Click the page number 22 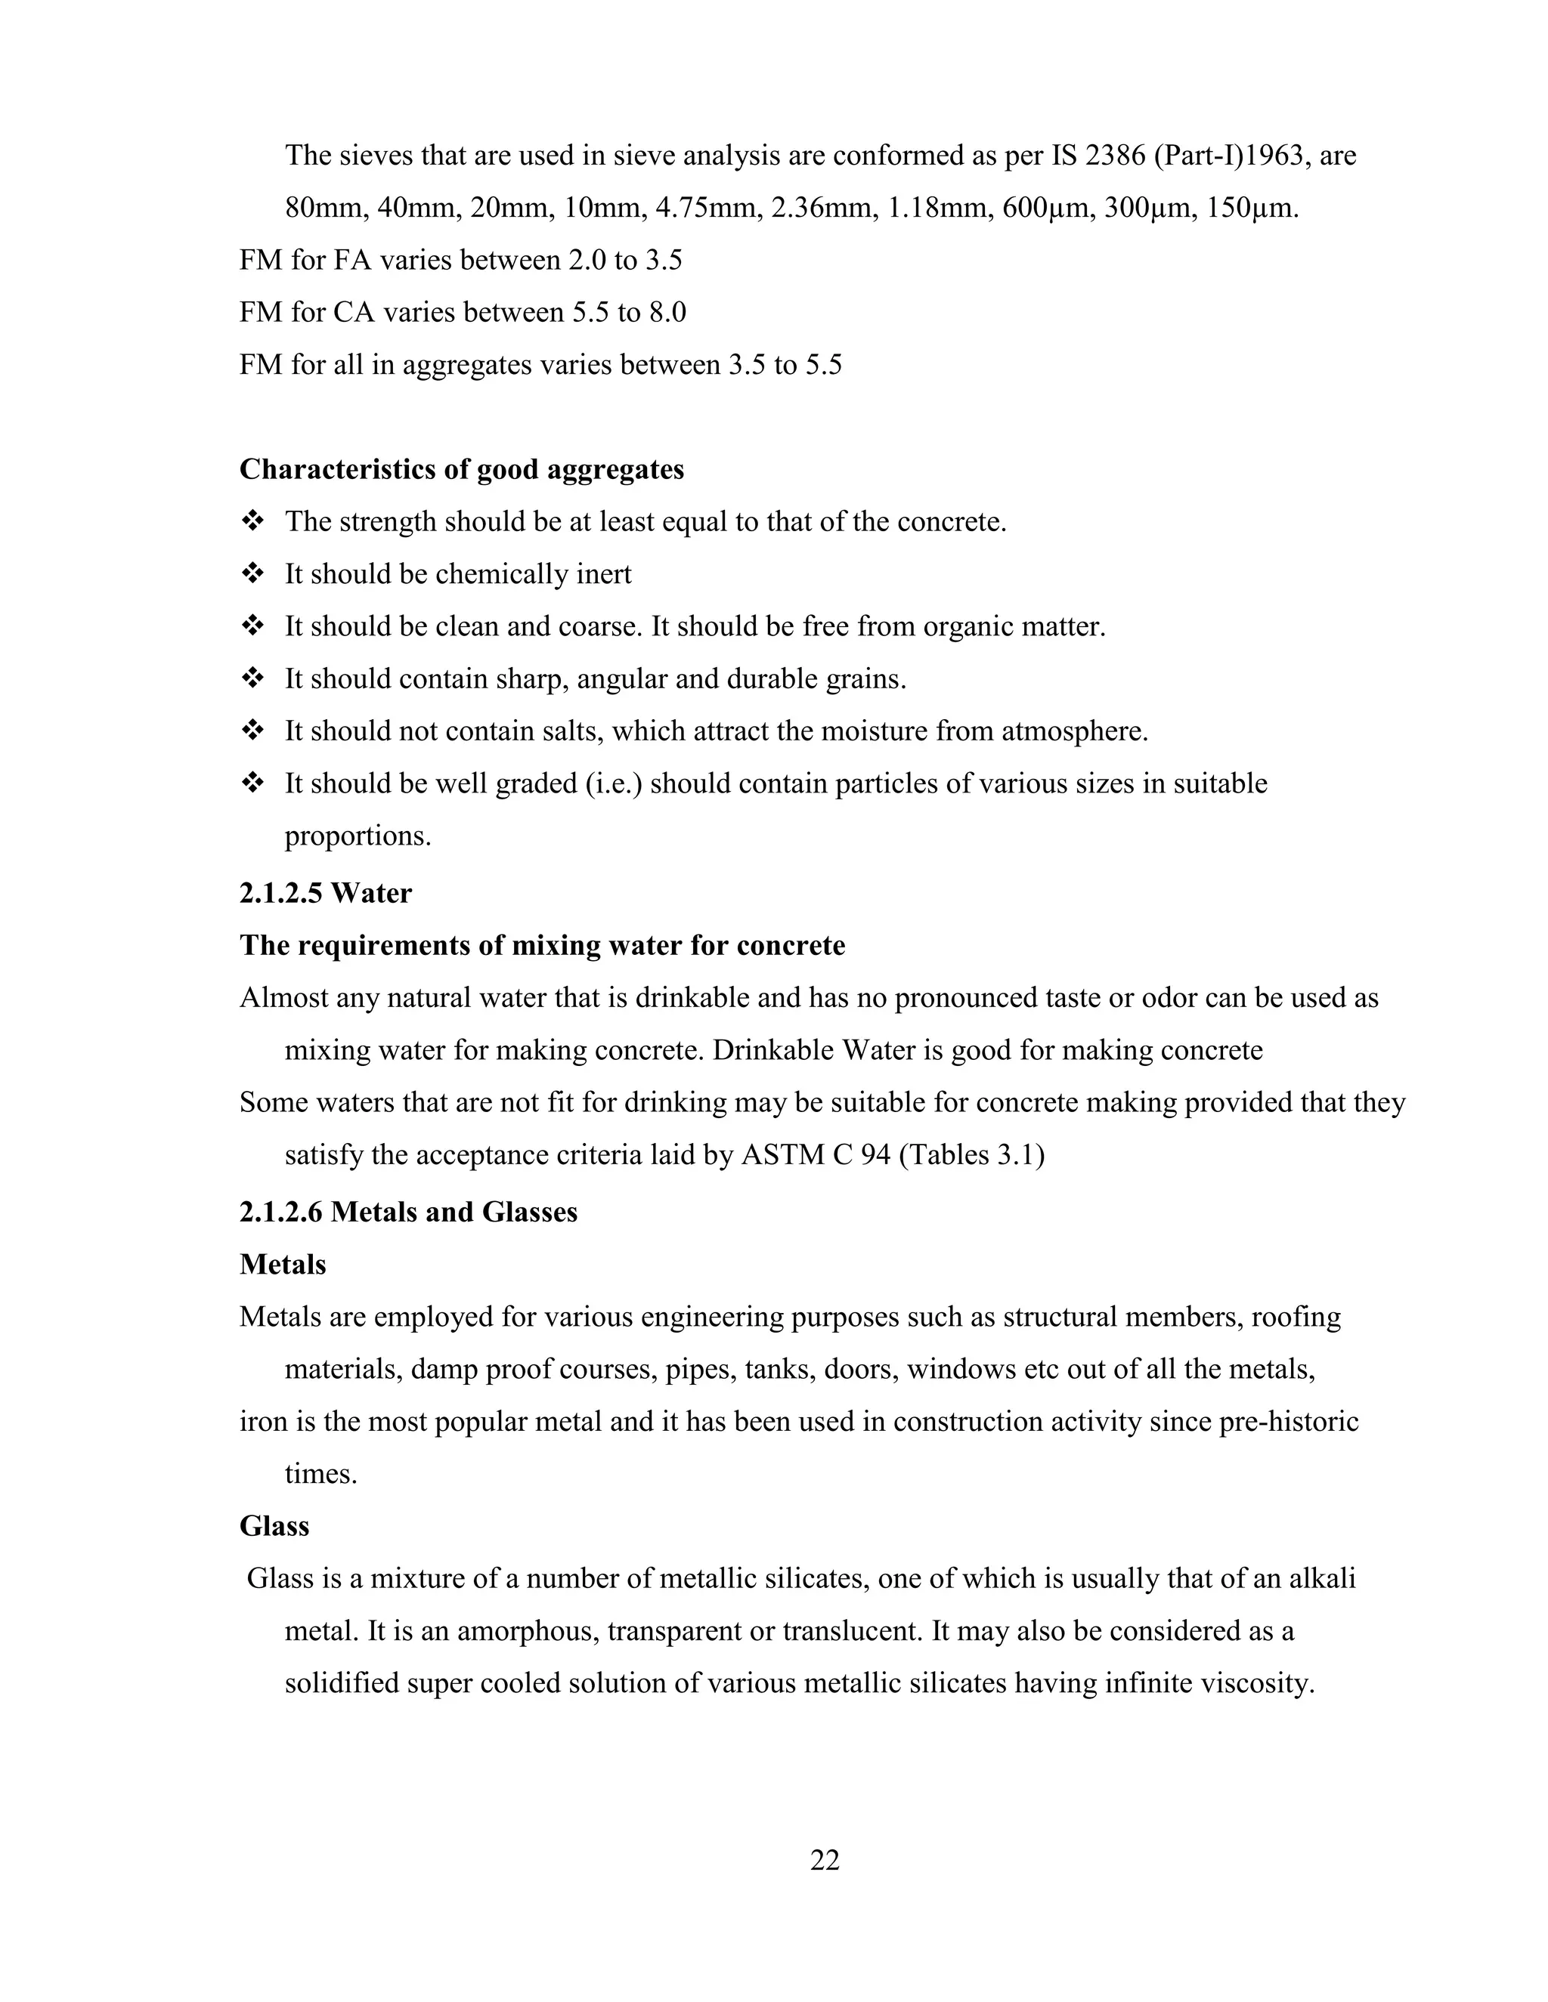[x=825, y=1860]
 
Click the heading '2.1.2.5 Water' [x=326, y=893]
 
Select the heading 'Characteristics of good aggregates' [x=461, y=469]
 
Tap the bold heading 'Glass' [x=274, y=1526]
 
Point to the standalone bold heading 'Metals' [x=283, y=1265]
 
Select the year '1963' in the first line [x=1269, y=156]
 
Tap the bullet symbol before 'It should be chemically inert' [x=252, y=574]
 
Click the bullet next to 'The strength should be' [x=252, y=521]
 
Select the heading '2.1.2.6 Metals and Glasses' [x=408, y=1213]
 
